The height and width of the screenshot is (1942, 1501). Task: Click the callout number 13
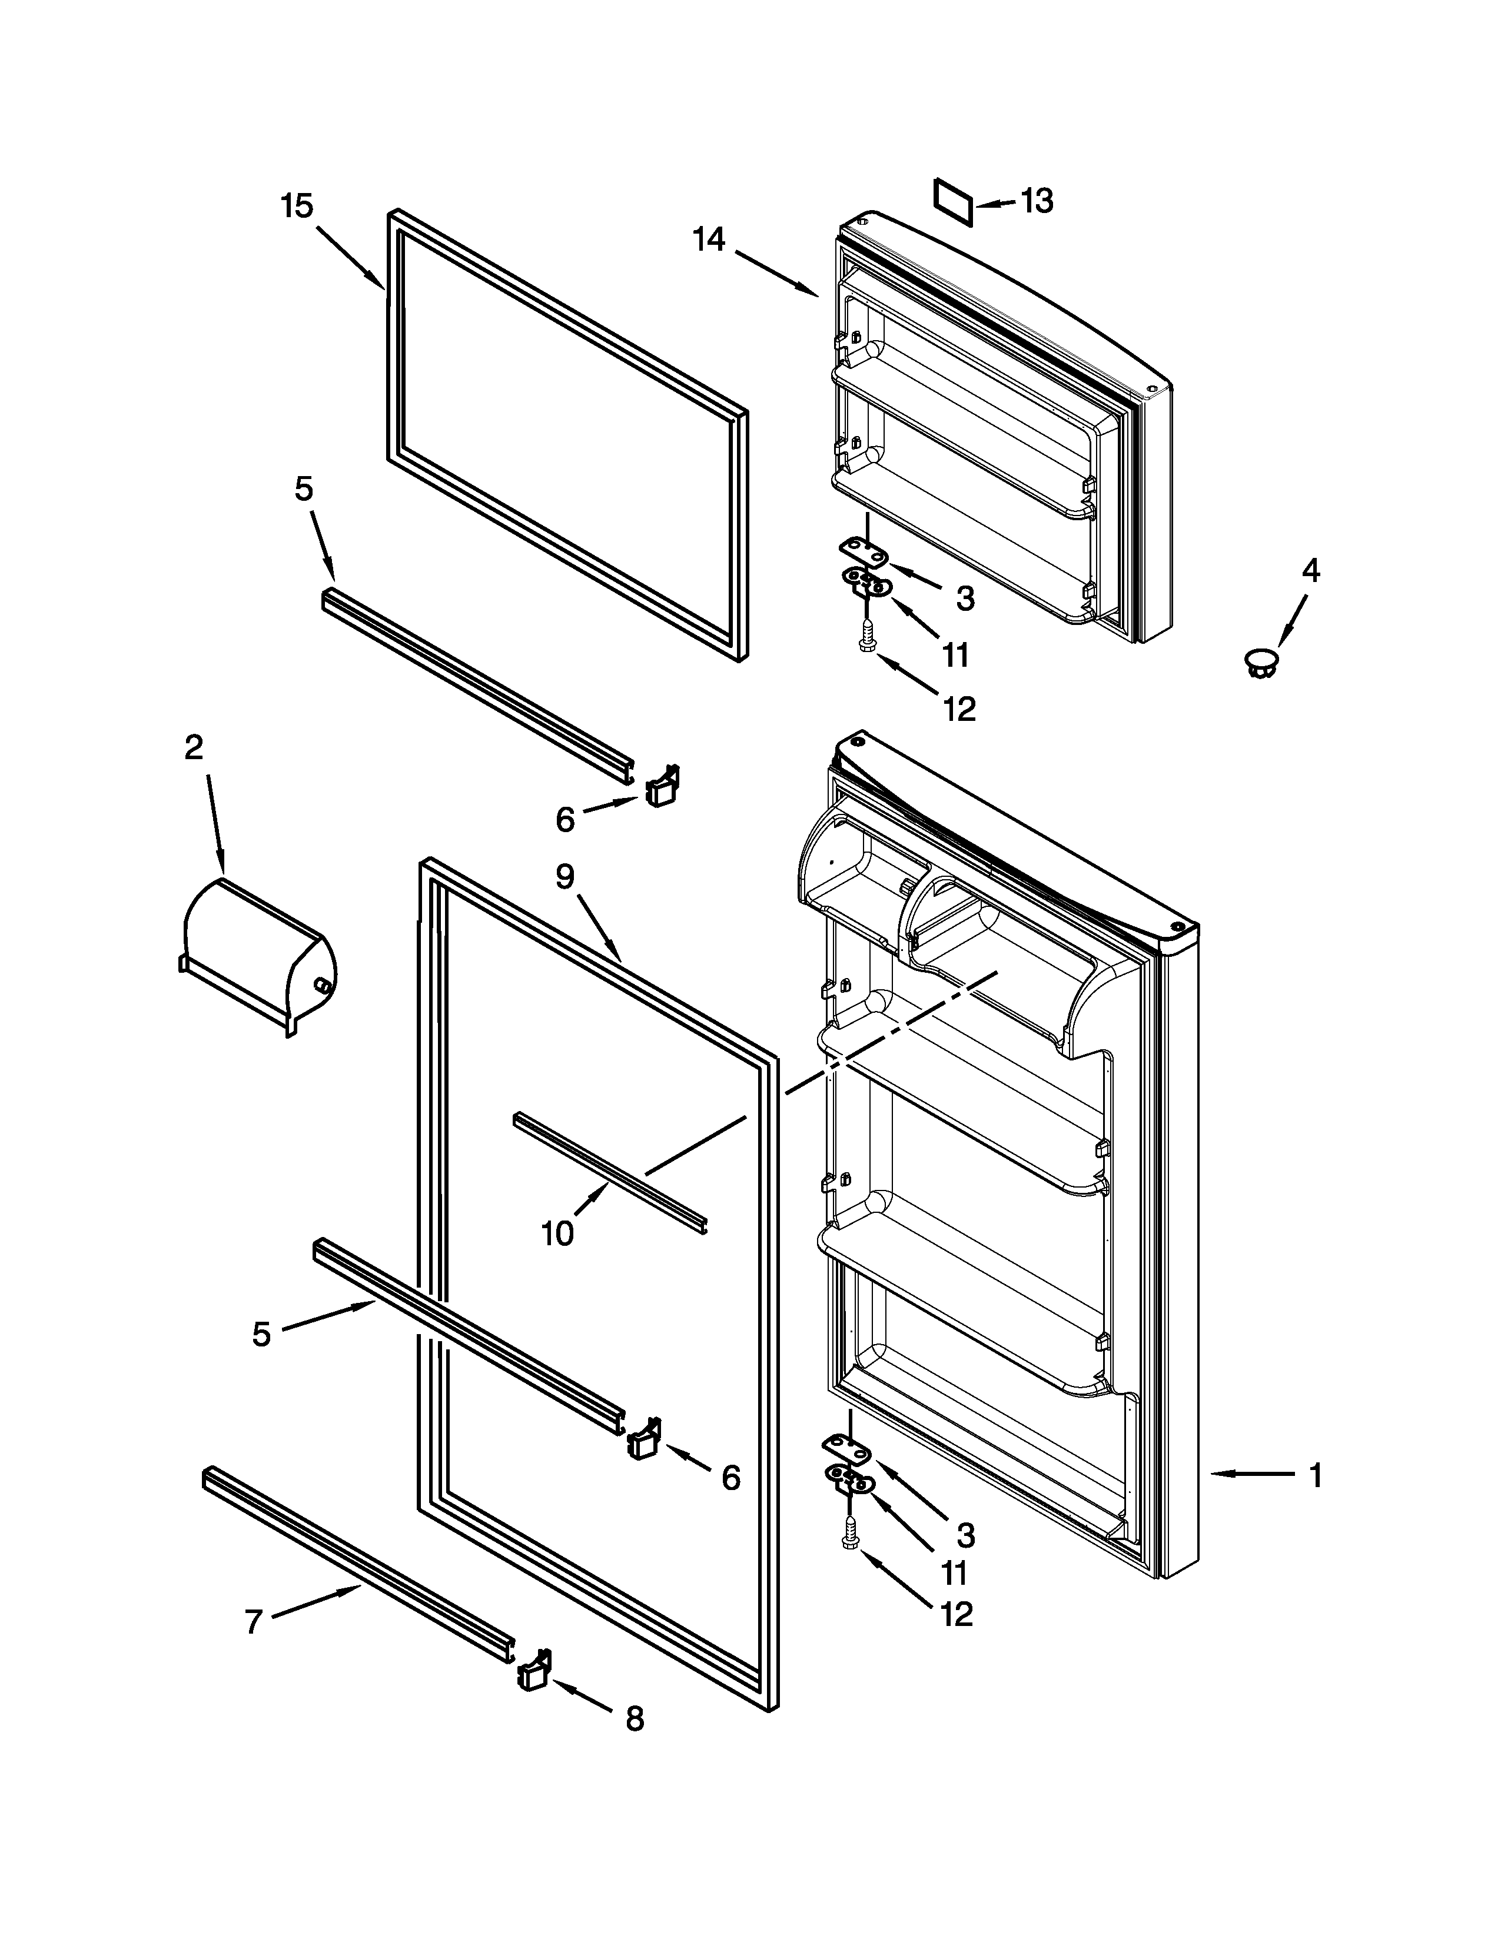click(1037, 201)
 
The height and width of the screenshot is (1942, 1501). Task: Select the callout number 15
click(297, 207)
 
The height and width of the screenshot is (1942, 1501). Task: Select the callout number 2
click(194, 748)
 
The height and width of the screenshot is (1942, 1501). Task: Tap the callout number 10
click(557, 1233)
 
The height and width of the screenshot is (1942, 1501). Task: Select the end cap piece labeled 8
click(533, 1670)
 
